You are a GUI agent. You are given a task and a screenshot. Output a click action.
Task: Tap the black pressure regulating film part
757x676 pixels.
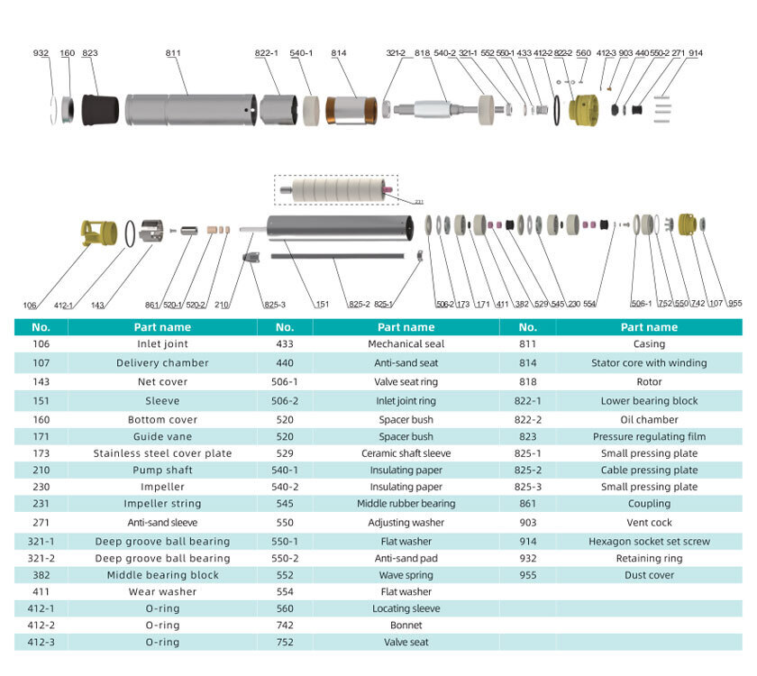[100, 109]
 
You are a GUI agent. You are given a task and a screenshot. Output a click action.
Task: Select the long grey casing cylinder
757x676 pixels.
[190, 110]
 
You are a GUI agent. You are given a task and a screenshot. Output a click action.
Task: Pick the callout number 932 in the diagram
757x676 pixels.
[41, 53]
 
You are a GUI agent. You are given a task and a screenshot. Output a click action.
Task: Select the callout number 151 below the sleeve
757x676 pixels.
[322, 304]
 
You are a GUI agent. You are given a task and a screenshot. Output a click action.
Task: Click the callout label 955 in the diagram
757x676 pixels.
[734, 304]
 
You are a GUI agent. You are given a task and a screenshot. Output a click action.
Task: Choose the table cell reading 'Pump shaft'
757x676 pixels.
[163, 470]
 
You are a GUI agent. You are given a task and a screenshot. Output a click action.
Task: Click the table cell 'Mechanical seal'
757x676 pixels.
[406, 344]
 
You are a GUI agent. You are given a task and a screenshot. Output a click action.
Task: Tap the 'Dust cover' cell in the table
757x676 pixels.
[649, 575]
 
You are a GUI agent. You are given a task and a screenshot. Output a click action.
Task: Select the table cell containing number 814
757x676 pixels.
[528, 363]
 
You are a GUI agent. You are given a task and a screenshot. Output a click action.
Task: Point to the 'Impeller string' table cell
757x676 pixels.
[163, 504]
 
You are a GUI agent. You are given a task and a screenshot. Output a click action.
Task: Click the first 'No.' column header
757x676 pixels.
[41, 327]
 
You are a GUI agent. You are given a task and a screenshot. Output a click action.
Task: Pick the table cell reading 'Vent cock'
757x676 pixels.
[649, 523]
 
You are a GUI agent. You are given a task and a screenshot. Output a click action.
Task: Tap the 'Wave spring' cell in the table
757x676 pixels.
[406, 575]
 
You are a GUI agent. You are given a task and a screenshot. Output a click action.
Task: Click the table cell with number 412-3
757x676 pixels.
[41, 642]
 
